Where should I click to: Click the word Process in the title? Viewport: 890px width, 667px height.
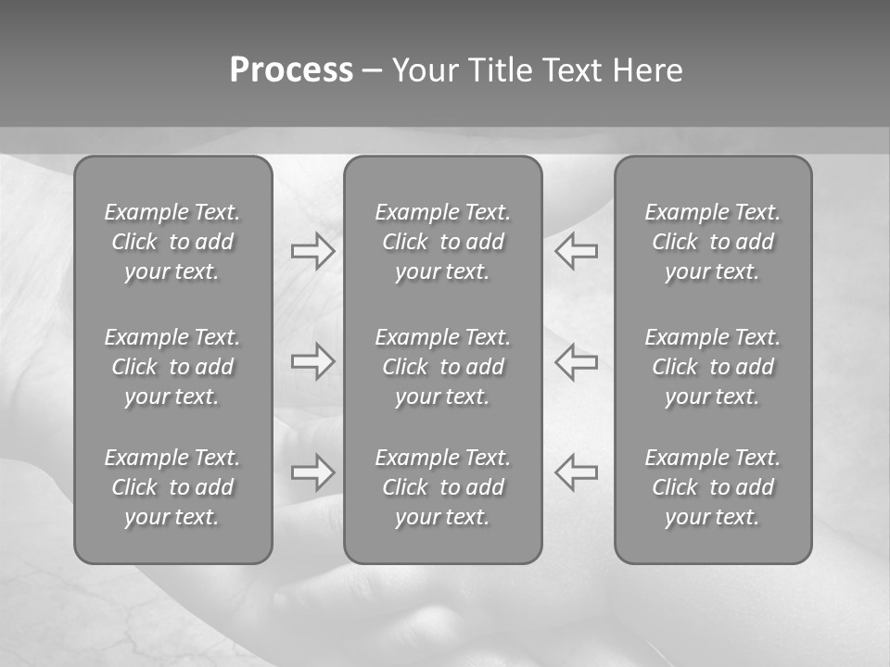[x=291, y=70]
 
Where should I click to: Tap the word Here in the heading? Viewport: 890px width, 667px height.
[x=647, y=70]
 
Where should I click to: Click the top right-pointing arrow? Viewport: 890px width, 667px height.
[x=313, y=250]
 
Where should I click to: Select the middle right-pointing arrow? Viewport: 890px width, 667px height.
[x=313, y=361]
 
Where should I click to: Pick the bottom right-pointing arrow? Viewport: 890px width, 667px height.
[x=313, y=472]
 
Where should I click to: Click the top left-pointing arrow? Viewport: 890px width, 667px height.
[x=577, y=250]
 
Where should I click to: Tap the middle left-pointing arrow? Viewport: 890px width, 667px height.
[x=577, y=361]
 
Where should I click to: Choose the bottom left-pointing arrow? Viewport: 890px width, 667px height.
[x=577, y=472]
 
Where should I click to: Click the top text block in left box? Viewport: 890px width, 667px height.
[x=172, y=242]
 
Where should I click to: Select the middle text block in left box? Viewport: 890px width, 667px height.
[x=172, y=367]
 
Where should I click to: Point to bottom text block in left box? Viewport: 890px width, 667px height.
[x=172, y=487]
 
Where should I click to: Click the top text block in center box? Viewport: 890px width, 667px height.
[x=443, y=242]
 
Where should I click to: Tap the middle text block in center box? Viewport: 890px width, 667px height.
[x=443, y=367]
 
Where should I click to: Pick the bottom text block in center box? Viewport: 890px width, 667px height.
[x=443, y=487]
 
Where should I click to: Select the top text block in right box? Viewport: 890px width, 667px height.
[x=713, y=242]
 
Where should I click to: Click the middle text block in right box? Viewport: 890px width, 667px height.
[x=713, y=367]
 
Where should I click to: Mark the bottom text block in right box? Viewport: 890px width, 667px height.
[x=713, y=487]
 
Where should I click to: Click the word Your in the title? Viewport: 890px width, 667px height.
[x=424, y=70]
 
